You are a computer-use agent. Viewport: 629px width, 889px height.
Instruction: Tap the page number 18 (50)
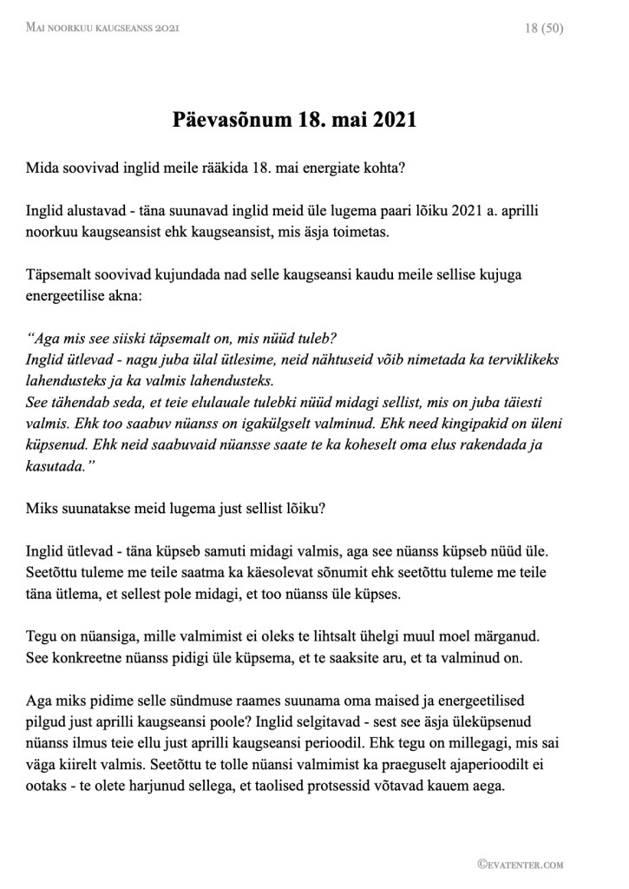click(x=545, y=29)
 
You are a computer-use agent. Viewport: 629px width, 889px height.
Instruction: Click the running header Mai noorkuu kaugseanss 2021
click(x=103, y=29)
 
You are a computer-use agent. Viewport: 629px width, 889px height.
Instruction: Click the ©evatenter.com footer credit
click(x=521, y=864)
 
